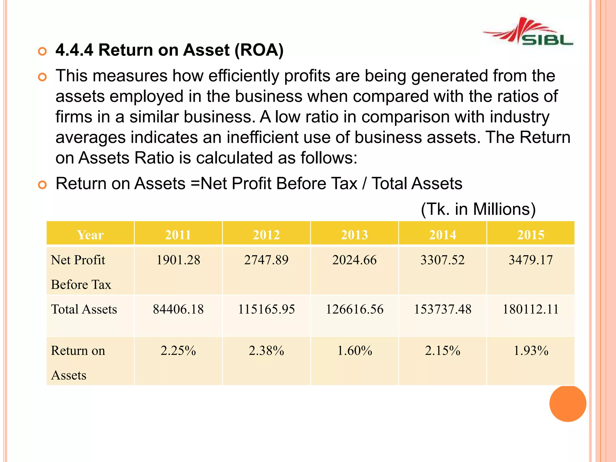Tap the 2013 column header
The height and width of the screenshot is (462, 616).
click(x=354, y=235)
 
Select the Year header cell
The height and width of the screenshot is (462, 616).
click(x=90, y=235)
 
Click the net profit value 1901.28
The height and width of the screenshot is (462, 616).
click(x=178, y=260)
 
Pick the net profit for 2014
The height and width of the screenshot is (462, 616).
click(x=442, y=260)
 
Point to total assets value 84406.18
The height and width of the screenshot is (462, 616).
click(x=178, y=309)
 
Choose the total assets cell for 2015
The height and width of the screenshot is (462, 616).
click(x=531, y=309)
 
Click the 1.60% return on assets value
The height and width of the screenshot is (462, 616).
click(x=354, y=351)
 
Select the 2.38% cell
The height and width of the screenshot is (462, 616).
click(x=266, y=351)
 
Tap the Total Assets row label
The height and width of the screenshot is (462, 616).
click(x=84, y=309)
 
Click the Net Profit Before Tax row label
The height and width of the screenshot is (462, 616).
click(x=81, y=272)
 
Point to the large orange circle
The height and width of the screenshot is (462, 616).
click(x=568, y=403)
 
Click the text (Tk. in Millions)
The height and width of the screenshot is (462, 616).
click(x=478, y=209)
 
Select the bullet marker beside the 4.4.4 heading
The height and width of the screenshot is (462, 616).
click(x=42, y=51)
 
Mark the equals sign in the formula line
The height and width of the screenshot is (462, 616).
click(x=195, y=183)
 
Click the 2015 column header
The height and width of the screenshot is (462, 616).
click(x=531, y=235)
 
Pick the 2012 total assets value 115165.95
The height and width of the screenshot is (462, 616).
click(x=266, y=309)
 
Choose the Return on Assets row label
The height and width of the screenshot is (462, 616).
click(x=78, y=362)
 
